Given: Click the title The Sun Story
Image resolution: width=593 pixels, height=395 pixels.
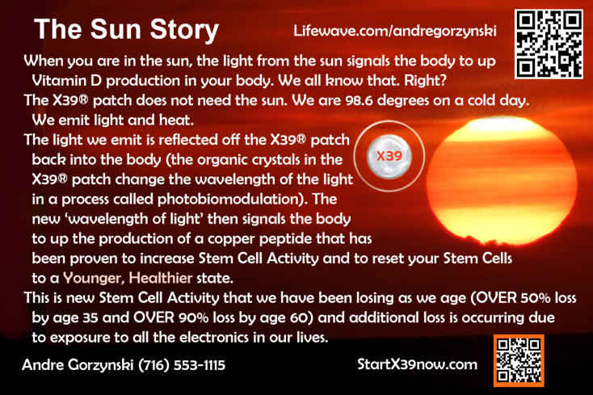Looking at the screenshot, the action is [126, 30].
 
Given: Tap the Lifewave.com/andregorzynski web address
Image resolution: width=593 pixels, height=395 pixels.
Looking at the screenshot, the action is [395, 31].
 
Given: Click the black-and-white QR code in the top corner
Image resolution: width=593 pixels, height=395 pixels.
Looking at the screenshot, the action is [549, 44].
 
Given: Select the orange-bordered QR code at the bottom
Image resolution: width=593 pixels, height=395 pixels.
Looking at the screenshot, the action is [519, 360].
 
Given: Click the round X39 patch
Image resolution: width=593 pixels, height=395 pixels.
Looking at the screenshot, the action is [389, 156].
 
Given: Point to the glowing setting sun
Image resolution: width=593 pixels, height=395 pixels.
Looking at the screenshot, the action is [502, 181].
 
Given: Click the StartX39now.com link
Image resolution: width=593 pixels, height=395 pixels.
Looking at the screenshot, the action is [417, 364].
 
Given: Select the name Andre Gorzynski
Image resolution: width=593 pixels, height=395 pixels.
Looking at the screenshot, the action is [78, 365].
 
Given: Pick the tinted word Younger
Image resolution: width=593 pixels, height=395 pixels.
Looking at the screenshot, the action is [94, 279].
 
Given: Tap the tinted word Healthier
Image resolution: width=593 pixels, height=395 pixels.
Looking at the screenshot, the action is [161, 278].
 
